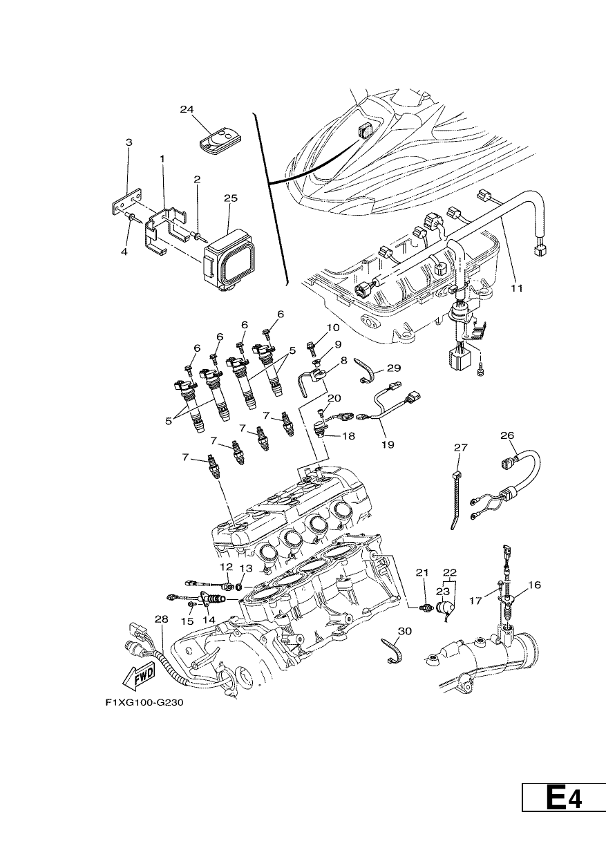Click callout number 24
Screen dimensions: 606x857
click(x=187, y=109)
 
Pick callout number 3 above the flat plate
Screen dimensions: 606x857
click(x=129, y=142)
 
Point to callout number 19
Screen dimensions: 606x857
click(x=388, y=444)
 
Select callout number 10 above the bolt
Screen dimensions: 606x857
click(x=332, y=328)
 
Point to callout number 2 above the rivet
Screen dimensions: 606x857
click(x=197, y=180)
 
